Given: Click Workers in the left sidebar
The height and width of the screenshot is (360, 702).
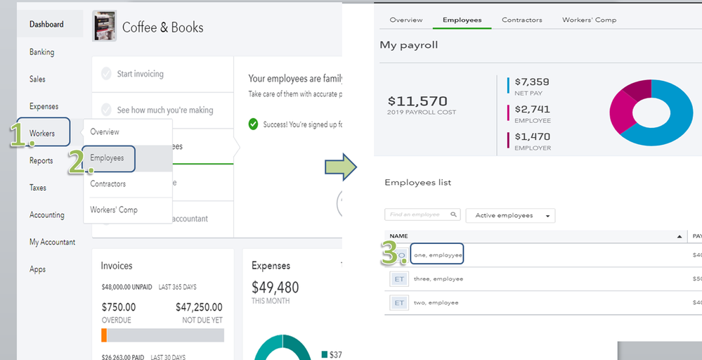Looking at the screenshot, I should [42, 133].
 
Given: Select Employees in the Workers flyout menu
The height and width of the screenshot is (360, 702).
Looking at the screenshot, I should [107, 158].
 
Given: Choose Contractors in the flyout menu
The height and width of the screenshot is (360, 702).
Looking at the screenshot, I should [108, 184].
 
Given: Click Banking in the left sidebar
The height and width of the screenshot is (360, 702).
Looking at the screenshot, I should [41, 52].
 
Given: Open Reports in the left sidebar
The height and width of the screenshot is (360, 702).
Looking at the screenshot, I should [41, 160].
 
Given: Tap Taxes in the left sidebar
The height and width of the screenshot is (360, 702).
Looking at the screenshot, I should [38, 188].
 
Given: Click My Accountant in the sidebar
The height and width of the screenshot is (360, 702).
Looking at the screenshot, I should [52, 242].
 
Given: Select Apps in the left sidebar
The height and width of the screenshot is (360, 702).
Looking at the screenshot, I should [37, 269].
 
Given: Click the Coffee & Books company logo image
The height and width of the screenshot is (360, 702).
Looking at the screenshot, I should [105, 27].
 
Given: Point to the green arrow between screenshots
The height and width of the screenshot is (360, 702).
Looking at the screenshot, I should [341, 168].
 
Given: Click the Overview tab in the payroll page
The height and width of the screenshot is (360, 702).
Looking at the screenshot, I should [406, 20].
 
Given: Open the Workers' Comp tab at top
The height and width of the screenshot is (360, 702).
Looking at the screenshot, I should [589, 20].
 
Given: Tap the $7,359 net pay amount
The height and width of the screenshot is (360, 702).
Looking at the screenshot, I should [532, 82].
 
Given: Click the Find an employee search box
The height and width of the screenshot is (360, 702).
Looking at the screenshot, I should [422, 215].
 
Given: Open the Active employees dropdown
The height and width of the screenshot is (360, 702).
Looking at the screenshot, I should [510, 215].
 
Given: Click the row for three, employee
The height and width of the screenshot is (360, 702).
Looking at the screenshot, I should [438, 279].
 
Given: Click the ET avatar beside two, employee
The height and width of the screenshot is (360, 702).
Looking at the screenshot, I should [399, 303].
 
